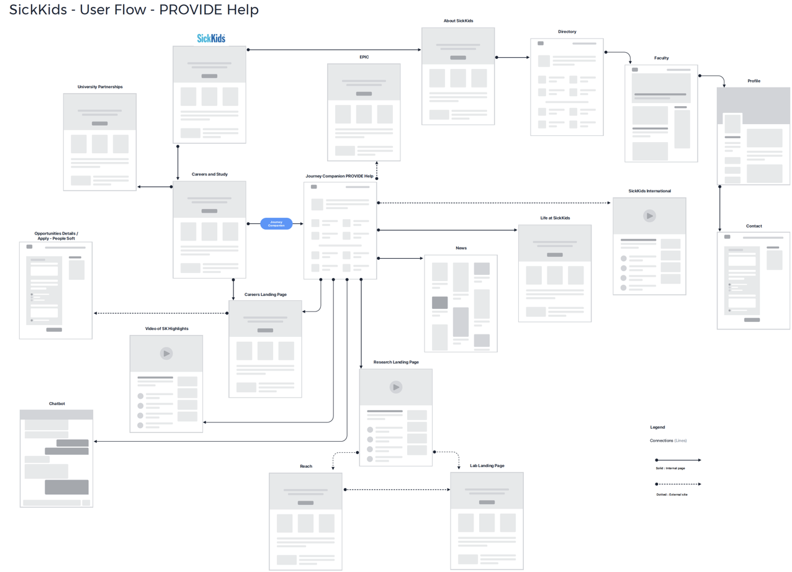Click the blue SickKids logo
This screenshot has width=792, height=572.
211,38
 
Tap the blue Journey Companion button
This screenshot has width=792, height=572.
276,223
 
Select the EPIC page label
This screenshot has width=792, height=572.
364,57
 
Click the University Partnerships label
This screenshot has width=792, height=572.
100,87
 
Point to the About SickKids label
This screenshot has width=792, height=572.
458,21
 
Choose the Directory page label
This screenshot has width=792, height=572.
567,32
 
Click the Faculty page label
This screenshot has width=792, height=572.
661,58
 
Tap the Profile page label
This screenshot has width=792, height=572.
754,81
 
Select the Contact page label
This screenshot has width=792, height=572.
754,226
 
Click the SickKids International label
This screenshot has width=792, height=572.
649,191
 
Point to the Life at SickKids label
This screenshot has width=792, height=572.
555,218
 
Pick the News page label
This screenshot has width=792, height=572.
461,248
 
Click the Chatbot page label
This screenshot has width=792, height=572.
56,404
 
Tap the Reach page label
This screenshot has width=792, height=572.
306,466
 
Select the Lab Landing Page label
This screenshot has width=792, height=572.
487,466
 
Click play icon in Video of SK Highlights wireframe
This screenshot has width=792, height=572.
166,354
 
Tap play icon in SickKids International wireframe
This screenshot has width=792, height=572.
649,216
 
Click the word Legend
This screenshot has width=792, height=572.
657,427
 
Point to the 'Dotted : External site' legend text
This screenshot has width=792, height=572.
672,494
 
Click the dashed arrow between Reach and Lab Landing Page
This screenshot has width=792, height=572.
397,490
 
